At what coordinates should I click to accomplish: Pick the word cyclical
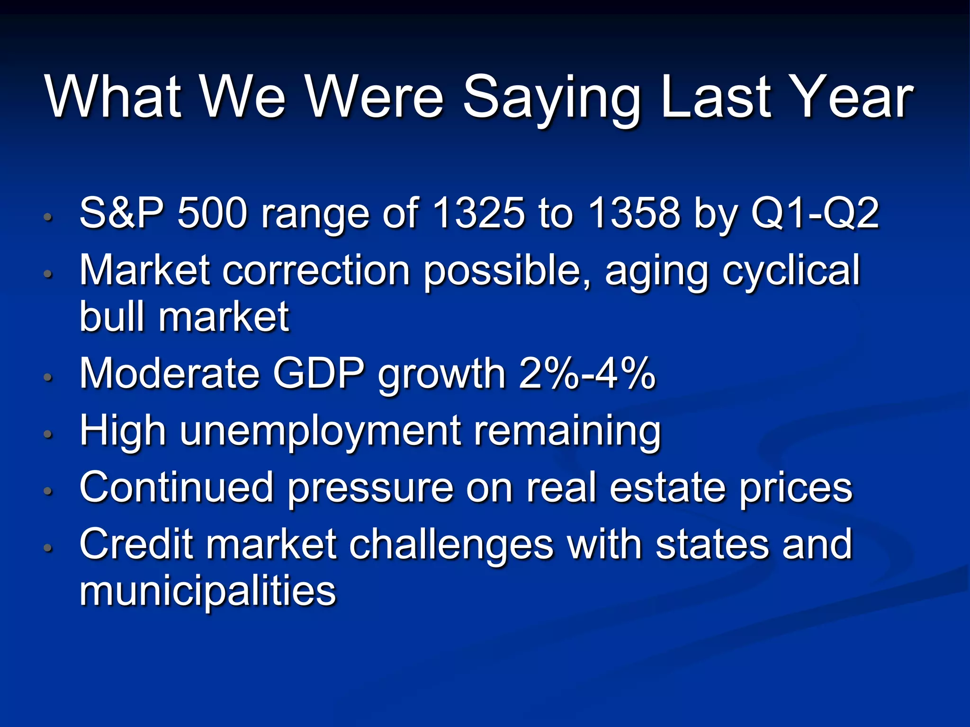click(x=790, y=271)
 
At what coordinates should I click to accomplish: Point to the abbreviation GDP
click(x=319, y=373)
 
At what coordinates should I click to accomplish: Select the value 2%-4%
click(x=587, y=373)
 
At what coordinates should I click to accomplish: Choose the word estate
click(x=667, y=488)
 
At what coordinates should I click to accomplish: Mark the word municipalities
click(x=207, y=591)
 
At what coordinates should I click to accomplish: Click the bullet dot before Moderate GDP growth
click(x=47, y=377)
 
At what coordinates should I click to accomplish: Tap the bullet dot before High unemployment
click(x=47, y=434)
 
